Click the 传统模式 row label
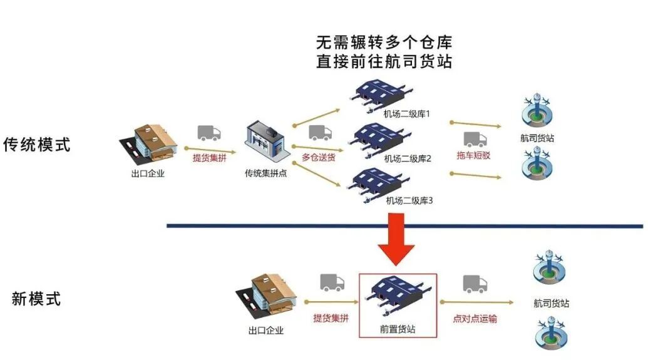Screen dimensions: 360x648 [x=37, y=145]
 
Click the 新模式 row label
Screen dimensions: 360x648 [x=36, y=299]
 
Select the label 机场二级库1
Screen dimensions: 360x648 [x=407, y=114]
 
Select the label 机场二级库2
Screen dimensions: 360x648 [x=408, y=158]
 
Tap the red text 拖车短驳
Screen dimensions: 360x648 [x=473, y=155]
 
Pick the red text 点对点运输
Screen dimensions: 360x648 [x=475, y=319]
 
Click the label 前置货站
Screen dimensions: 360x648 [x=398, y=328]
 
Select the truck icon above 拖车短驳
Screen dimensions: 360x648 [x=475, y=139]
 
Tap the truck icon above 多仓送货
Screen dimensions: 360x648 [x=320, y=133]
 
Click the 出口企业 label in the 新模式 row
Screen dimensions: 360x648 [x=266, y=331]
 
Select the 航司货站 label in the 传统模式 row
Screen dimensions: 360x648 [x=537, y=138]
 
